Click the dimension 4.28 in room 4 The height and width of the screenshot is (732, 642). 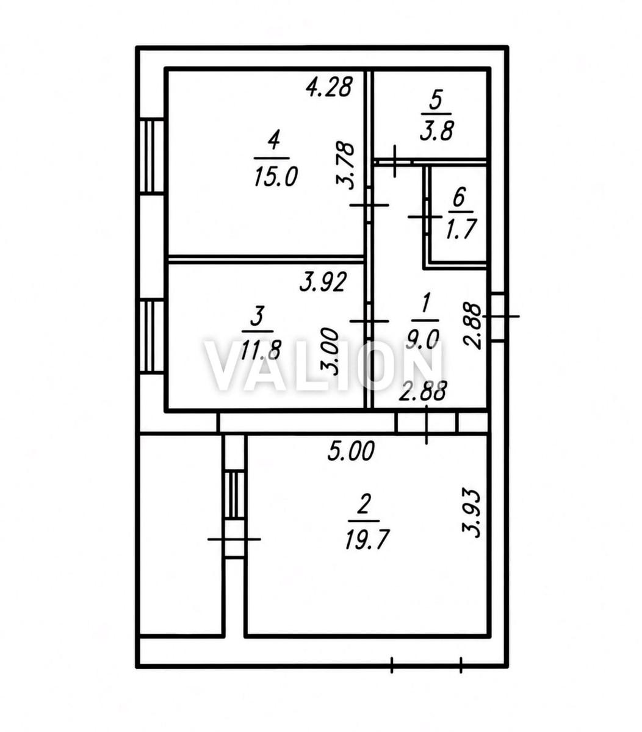[x=328, y=88]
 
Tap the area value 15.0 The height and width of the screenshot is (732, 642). [x=276, y=178]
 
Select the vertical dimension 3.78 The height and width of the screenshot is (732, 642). [x=345, y=166]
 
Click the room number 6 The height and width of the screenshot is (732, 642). [x=459, y=197]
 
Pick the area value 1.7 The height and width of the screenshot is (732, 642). [x=461, y=229]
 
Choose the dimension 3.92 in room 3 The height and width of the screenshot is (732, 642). [x=323, y=282]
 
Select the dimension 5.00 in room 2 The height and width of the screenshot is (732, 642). [x=351, y=452]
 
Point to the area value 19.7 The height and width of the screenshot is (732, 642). [x=367, y=540]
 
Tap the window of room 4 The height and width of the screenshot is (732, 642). [x=152, y=156]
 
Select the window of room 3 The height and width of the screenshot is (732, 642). [x=152, y=336]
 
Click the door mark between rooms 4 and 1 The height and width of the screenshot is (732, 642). [x=369, y=205]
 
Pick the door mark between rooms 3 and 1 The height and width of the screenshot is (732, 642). [x=369, y=321]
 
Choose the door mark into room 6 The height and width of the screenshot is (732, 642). [x=425, y=217]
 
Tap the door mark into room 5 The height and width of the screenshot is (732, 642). [x=394, y=161]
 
